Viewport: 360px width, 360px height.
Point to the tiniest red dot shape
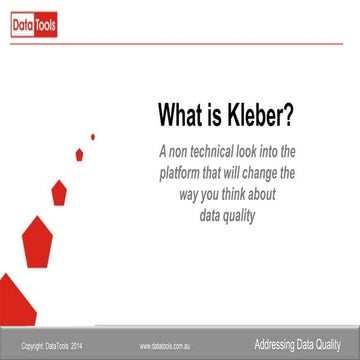(x=93, y=136)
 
